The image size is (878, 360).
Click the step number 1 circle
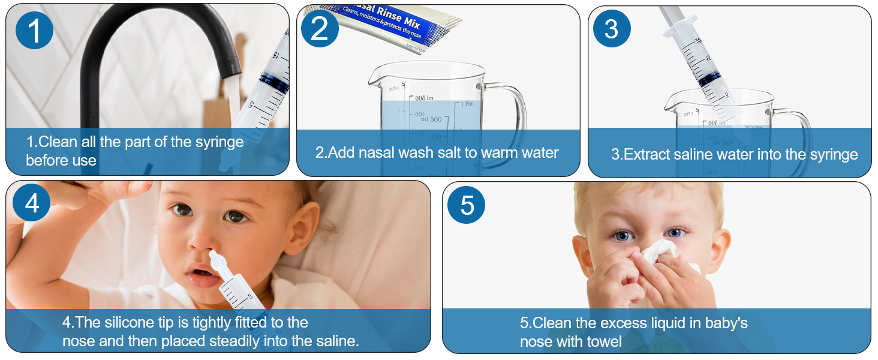click(35, 30)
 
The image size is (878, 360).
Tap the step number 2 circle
click(320, 29)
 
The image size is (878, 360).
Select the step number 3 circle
click(611, 29)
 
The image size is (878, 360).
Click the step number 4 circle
click(32, 203)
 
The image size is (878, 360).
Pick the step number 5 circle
click(467, 205)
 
